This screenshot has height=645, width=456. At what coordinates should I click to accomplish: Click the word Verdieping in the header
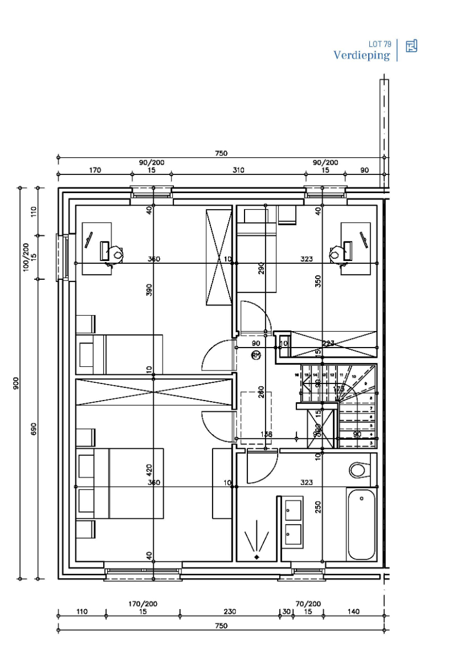(x=362, y=55)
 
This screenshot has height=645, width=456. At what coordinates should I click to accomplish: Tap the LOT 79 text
(x=380, y=44)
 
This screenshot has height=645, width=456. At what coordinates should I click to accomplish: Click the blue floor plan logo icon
(x=412, y=46)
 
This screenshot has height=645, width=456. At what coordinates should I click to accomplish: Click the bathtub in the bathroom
(x=362, y=524)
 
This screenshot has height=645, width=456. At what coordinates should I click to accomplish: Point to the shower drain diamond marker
(x=257, y=556)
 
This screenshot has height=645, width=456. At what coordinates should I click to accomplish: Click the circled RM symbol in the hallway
(x=256, y=355)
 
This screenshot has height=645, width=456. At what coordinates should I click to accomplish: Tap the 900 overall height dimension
(x=17, y=383)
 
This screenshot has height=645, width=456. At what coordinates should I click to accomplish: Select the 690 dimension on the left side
(x=34, y=428)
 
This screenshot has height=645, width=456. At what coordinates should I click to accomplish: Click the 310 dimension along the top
(x=238, y=170)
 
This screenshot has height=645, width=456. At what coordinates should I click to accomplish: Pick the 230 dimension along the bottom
(x=229, y=611)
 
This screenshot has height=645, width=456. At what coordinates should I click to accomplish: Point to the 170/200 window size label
(x=144, y=604)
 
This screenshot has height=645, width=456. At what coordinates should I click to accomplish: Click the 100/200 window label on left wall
(x=26, y=257)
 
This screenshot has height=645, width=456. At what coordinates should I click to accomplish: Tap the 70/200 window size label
(x=308, y=604)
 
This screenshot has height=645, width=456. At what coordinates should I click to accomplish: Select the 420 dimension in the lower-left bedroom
(x=149, y=470)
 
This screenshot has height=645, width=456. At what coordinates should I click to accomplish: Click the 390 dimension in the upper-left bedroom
(x=149, y=290)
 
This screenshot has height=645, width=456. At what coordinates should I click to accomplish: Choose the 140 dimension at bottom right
(x=353, y=611)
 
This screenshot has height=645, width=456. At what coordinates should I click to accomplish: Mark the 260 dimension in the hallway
(x=261, y=392)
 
